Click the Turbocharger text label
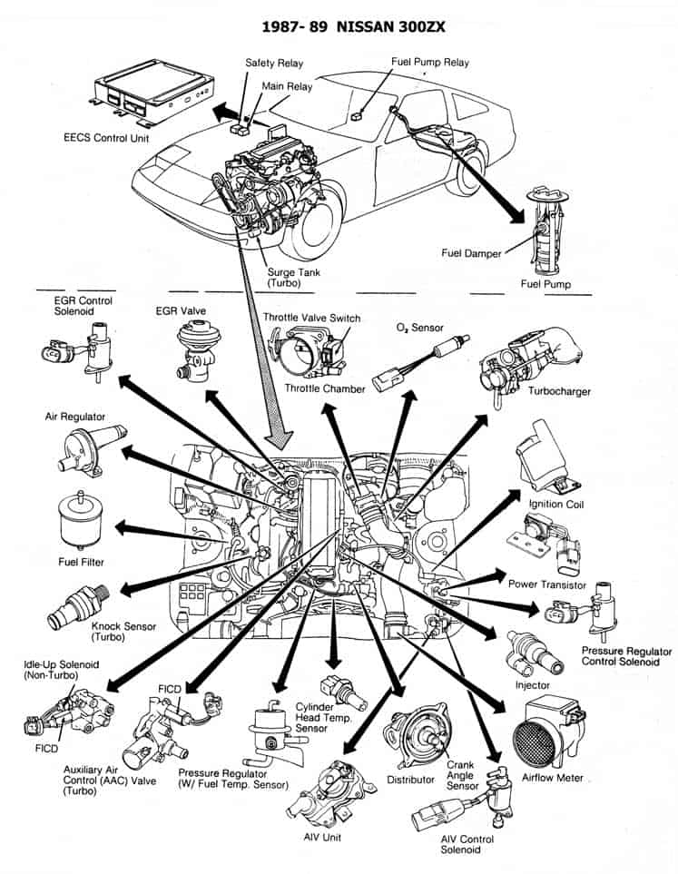click(559, 391)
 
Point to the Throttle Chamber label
click(325, 388)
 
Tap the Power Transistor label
click(546, 584)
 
